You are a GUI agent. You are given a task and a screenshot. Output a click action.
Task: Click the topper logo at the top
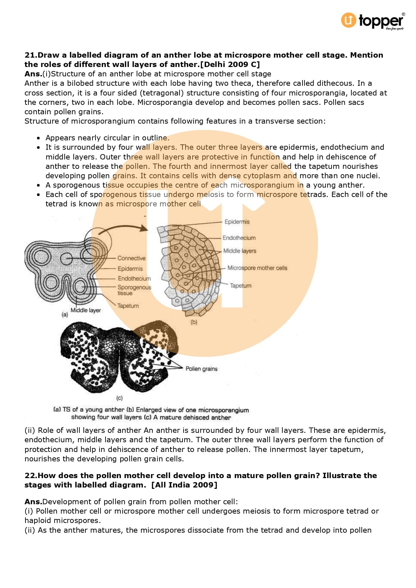pyautogui.click(x=372, y=21)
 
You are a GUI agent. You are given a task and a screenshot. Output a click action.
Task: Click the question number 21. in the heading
pyautogui.click(x=31, y=55)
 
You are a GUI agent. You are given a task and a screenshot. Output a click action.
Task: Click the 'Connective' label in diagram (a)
pyautogui.click(x=131, y=258)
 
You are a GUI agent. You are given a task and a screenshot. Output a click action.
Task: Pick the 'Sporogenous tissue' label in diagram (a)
pyautogui.click(x=134, y=290)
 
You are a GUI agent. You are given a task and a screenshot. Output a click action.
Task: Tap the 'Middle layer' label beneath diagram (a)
pyautogui.click(x=85, y=310)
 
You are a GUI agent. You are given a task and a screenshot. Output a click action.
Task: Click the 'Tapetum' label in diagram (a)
pyautogui.click(x=128, y=306)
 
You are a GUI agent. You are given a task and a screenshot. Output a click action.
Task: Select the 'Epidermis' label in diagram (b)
pyautogui.click(x=237, y=222)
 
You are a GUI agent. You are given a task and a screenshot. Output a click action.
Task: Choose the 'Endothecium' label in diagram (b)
pyautogui.click(x=239, y=238)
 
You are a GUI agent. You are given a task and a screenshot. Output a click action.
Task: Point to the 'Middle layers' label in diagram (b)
pyautogui.click(x=239, y=251)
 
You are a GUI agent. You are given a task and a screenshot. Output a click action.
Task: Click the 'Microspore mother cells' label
pyautogui.click(x=257, y=268)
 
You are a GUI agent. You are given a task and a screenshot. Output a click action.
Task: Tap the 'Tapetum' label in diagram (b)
pyautogui.click(x=240, y=286)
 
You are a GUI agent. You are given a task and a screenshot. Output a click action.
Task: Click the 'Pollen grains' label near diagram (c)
pyautogui.click(x=201, y=369)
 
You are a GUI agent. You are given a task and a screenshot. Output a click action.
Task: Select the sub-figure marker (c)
pyautogui.click(x=120, y=398)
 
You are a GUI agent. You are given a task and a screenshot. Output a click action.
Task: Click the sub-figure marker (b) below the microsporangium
pyautogui.click(x=194, y=322)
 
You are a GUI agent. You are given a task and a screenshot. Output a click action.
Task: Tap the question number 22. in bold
pyautogui.click(x=31, y=475)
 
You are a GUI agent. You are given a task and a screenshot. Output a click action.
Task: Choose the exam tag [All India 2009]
pyautogui.click(x=184, y=485)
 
